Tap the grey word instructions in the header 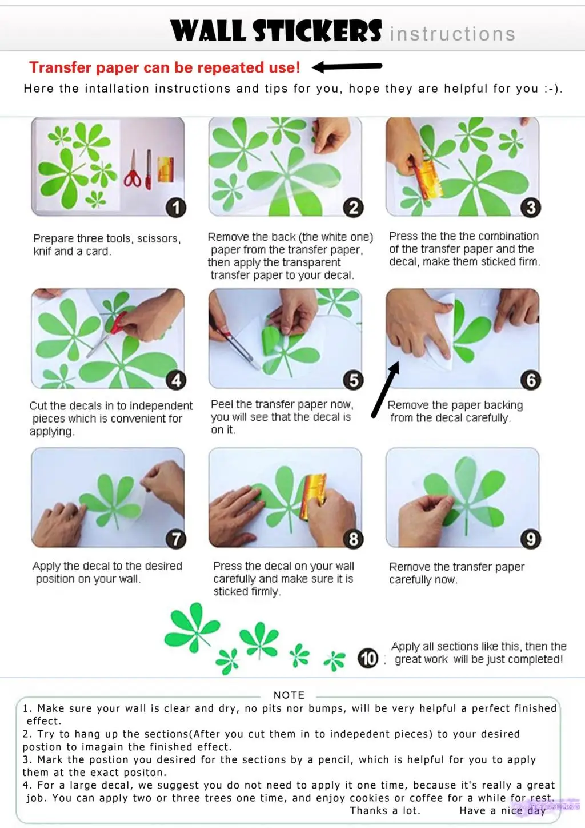point(452,34)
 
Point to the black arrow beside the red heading point(347,66)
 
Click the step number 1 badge point(176,208)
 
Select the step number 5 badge point(354,380)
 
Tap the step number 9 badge point(531,539)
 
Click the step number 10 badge point(368,658)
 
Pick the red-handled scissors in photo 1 point(133,169)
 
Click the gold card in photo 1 point(166,169)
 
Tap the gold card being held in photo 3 point(429,180)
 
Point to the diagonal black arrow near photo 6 point(386,389)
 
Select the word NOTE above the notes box point(289,695)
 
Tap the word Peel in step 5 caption point(222,404)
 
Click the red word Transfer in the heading point(60,67)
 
